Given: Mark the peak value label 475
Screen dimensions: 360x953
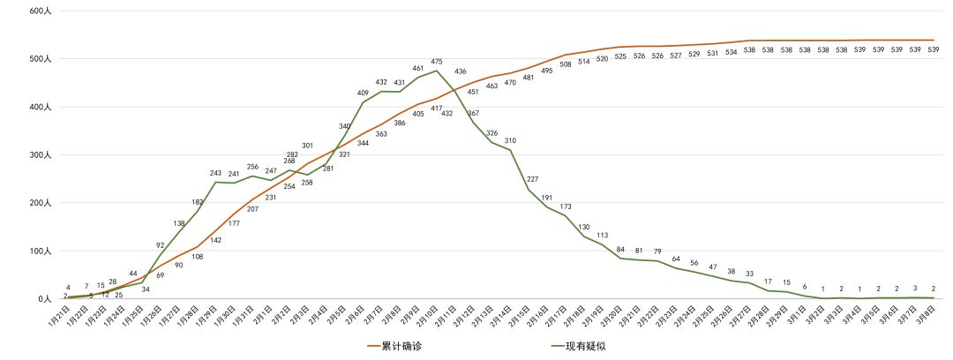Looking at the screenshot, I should pyautogui.click(x=436, y=62).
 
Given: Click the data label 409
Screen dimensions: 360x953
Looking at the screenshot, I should pyautogui.click(x=363, y=93).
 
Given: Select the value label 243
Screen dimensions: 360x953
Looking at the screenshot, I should pyautogui.click(x=215, y=173).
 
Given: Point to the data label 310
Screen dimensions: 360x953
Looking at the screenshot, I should pyautogui.click(x=510, y=140).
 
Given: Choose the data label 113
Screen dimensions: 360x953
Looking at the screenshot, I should pyautogui.click(x=603, y=236).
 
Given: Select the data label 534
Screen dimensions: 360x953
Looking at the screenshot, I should pyautogui.click(x=732, y=52).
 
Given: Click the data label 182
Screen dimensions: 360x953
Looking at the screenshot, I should pyautogui.click(x=197, y=202).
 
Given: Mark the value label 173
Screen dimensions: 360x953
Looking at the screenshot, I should pyautogui.click(x=566, y=206).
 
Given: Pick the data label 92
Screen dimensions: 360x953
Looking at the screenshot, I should pyautogui.click(x=160, y=245).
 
